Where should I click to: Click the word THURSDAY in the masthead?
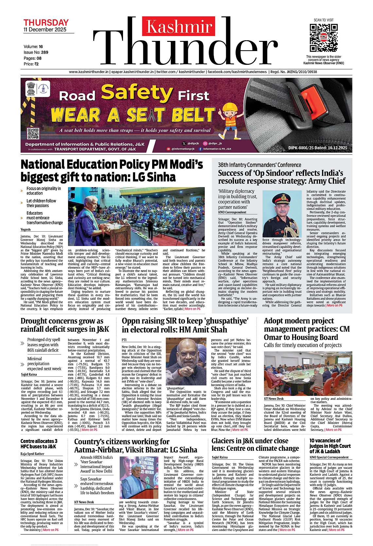46,23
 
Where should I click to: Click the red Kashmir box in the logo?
179,26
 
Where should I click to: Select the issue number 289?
44,52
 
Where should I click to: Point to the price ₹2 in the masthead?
37,64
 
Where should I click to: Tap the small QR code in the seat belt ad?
33,134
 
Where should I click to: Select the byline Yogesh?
26,230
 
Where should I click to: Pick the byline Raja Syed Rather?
32,454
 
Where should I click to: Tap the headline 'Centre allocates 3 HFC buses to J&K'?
38,444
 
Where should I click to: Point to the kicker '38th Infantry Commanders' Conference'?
259,165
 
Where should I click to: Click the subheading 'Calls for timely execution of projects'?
303,345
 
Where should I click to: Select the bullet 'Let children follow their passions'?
41,203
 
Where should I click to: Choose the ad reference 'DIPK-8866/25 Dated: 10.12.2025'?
317,148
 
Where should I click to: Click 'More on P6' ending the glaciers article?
287,530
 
